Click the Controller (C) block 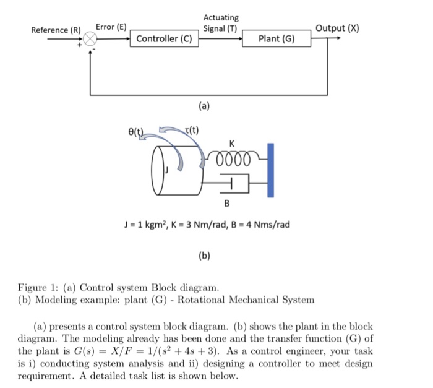point(164,39)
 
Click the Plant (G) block point(277,39)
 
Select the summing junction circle point(90,39)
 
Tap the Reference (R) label point(56,30)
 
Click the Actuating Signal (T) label point(220,24)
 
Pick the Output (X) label point(337,28)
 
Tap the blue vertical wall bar point(270,170)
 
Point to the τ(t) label point(192,129)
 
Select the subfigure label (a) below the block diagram point(204,106)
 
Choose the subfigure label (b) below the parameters point(204,254)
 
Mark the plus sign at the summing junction point(80,45)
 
